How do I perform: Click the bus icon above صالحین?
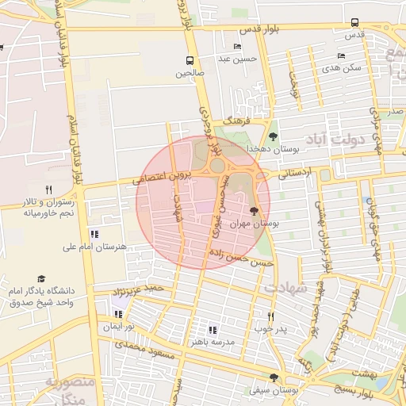[190, 60]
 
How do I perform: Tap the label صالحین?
[190, 73]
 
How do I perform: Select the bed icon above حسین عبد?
[237, 47]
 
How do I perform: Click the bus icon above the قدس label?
[354, 22]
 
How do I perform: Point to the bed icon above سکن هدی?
[342, 56]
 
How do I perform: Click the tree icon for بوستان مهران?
[254, 211]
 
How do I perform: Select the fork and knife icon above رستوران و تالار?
[48, 190]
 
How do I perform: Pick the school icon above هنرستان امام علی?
[95, 234]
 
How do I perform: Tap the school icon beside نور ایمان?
[118, 314]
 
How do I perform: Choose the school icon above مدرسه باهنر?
[212, 329]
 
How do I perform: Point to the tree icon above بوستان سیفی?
[274, 378]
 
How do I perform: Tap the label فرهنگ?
[236, 121]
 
